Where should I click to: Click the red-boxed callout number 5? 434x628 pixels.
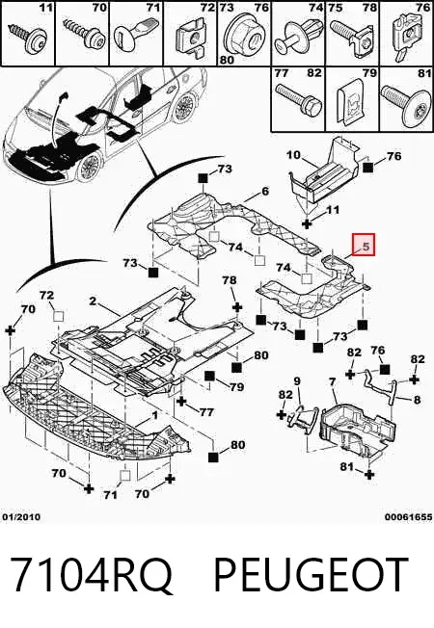pos(366,247)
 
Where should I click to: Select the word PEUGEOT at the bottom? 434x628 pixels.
pos(312,574)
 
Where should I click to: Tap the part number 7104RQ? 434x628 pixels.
pos(91,575)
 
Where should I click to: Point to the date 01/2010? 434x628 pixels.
pos(21,517)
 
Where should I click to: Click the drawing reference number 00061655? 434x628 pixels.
pos(409,517)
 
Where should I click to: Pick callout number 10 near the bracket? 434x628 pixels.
pos(293,154)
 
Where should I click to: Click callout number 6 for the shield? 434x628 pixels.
pos(265,192)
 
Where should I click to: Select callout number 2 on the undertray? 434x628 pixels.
pos(93,301)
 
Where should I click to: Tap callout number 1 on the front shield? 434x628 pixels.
pos(155,416)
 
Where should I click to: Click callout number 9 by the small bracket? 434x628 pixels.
pos(297,380)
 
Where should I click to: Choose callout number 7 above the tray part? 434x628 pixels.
pos(332,382)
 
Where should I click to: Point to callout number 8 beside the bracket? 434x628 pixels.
pos(417,400)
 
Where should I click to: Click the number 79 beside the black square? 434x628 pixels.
pos(236,387)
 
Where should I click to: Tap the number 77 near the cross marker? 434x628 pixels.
pos(206,411)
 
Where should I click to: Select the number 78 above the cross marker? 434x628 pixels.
pos(230,280)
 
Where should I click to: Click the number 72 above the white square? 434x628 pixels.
pos(46,295)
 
